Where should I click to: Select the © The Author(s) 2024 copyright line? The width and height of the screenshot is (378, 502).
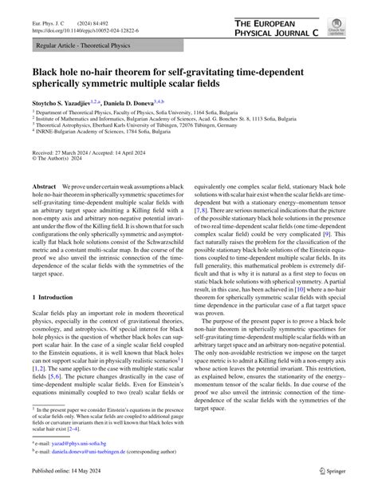click(x=60, y=159)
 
